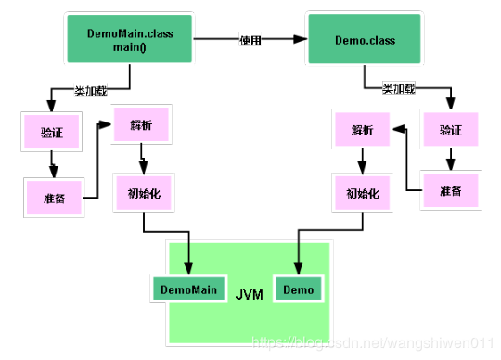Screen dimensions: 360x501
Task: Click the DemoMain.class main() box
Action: point(130,39)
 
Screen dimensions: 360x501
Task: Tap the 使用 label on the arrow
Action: point(251,40)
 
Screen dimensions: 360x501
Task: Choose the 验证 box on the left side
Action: point(51,132)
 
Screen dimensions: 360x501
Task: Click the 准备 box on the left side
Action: point(53,197)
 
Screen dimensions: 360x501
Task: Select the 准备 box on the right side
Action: point(449,189)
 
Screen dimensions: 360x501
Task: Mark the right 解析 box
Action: point(362,130)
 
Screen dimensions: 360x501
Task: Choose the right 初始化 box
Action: point(362,195)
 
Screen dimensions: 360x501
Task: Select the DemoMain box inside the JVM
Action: point(188,290)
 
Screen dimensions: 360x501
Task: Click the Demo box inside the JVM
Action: point(298,290)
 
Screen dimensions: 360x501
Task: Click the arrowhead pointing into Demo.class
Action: point(301,40)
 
